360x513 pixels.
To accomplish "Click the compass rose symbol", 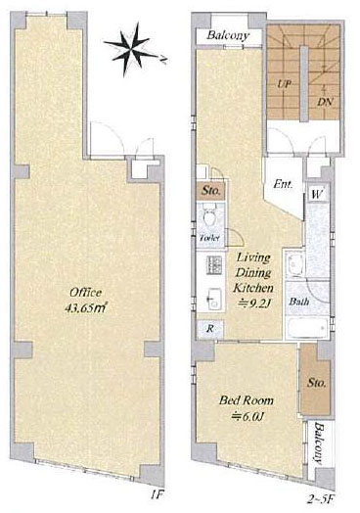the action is (132, 49).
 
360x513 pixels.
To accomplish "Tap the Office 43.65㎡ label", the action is (86, 301).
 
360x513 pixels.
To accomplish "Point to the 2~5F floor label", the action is (321, 499).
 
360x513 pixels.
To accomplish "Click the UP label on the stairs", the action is (284, 84).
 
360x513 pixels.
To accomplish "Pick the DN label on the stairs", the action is (326, 102).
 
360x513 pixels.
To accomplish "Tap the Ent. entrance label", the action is (283, 184).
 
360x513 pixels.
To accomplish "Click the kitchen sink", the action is (214, 300).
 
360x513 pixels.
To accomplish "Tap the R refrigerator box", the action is (210, 329).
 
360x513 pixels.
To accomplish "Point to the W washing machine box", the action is (317, 195).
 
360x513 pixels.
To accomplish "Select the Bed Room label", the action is (247, 400).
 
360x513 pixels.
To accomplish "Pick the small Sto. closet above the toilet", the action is (210, 191).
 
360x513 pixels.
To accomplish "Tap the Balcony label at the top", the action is (228, 35).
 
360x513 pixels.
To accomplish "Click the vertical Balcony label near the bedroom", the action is (318, 443).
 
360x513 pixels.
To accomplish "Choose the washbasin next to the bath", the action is (294, 263).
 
